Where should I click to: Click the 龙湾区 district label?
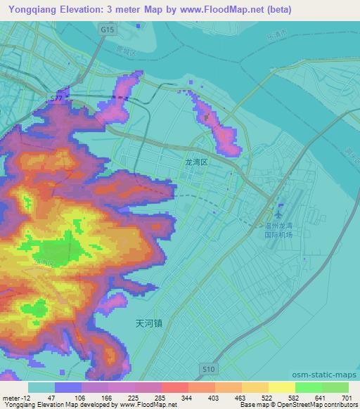(197, 162)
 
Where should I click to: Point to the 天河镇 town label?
(148, 323)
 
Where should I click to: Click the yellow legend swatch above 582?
(281, 387)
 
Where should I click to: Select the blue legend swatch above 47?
(67, 387)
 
